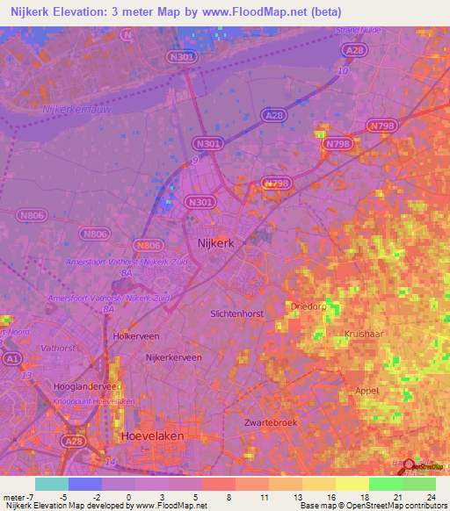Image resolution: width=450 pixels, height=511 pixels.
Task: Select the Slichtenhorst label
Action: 236,313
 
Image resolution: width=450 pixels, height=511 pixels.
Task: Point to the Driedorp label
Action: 305,306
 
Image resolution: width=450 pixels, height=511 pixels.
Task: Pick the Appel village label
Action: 367,391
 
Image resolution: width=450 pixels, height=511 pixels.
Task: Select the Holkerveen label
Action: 135,335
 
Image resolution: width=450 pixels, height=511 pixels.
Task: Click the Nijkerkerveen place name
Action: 174,357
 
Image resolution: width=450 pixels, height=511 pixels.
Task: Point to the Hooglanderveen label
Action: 86,385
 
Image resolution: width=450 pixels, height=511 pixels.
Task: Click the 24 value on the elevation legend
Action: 432,498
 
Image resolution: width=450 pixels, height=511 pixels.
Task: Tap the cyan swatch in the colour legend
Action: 51,484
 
